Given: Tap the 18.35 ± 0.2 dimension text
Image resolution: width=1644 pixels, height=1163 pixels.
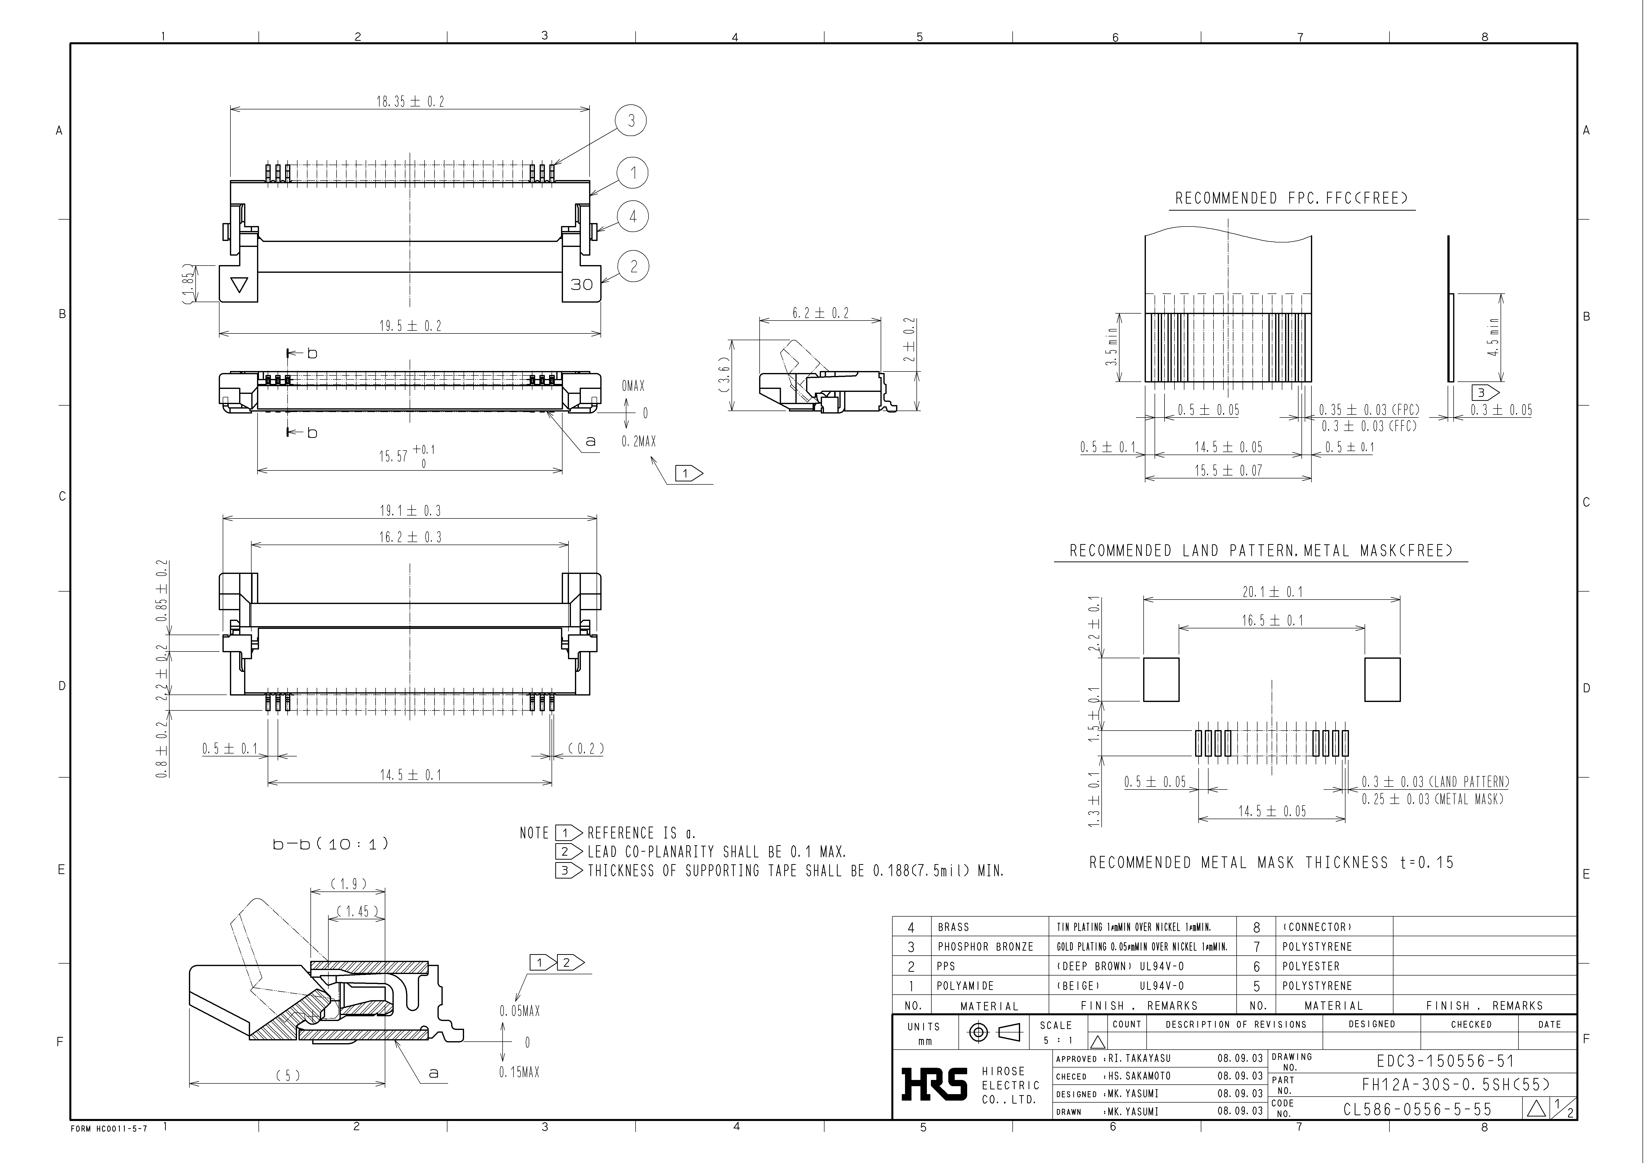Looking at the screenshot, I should click(410, 102).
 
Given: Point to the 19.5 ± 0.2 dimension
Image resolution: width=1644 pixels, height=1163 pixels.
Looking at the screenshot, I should click(410, 326).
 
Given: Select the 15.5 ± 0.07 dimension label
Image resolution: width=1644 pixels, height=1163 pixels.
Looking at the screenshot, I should click(1227, 470).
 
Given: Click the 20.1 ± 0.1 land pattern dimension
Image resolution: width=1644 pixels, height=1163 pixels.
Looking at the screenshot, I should click(1272, 592).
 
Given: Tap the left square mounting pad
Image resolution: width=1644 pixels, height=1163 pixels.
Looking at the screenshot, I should click(1161, 679).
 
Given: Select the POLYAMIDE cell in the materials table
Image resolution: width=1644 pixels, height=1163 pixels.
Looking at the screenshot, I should click(965, 985).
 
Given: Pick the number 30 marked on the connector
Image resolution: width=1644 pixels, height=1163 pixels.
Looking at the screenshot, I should click(581, 284).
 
